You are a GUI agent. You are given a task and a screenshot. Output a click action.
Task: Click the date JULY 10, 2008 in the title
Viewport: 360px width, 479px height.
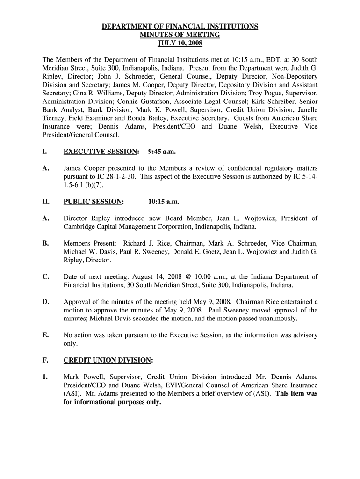pos(180,44)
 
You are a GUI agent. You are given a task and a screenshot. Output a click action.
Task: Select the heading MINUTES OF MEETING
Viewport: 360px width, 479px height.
pos(180,35)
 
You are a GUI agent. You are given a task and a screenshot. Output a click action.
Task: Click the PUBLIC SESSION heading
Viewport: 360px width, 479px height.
pos(94,202)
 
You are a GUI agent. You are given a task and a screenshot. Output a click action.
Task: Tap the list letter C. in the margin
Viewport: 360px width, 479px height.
pos(45,276)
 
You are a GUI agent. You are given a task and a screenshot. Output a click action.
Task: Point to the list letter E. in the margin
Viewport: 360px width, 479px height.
pos(45,335)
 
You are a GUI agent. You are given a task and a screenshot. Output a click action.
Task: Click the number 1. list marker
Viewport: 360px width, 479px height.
pos(45,377)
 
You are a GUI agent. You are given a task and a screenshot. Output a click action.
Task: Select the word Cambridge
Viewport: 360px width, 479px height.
pos(79,226)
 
